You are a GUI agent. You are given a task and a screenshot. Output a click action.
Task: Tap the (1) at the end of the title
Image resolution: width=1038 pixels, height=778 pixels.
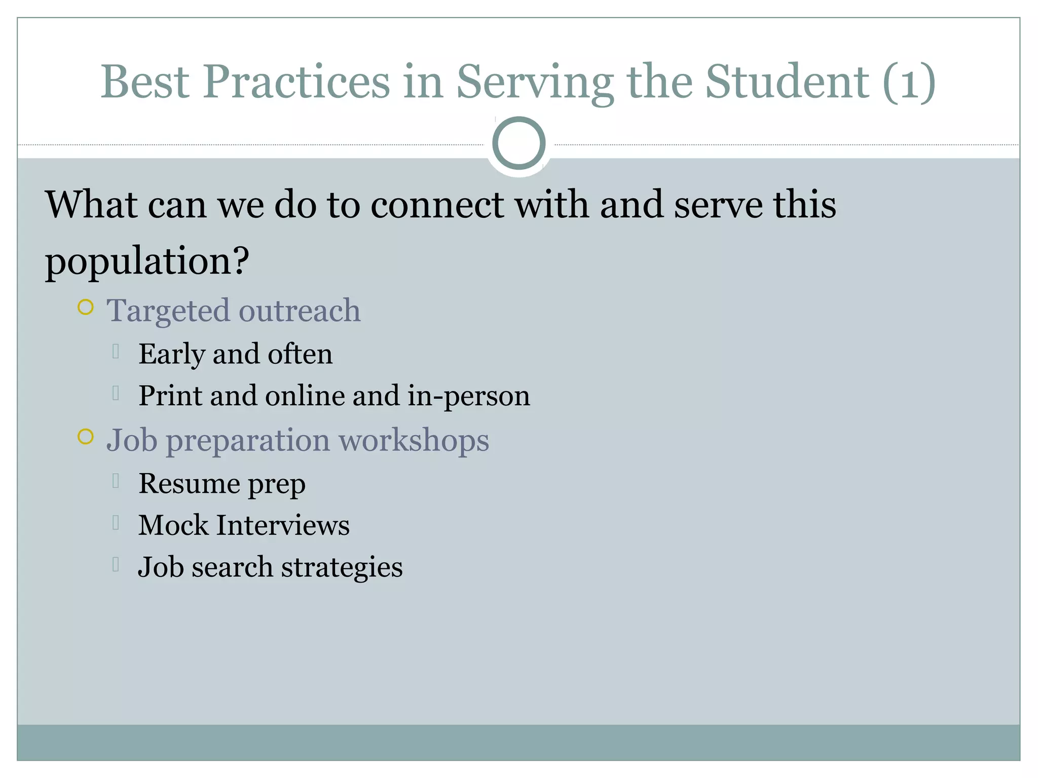[x=909, y=82]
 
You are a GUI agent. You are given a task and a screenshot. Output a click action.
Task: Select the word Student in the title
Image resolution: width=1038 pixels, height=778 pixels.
[x=788, y=82]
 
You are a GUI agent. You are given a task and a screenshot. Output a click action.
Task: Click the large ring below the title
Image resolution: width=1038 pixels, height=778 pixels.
[x=518, y=143]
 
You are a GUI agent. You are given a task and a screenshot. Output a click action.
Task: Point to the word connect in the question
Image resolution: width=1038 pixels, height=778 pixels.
[x=437, y=205]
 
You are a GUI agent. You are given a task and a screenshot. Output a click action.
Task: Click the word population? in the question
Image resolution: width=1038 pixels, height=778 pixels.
[x=147, y=261]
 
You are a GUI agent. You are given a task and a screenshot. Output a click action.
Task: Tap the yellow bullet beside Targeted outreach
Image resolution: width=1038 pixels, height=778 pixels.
[x=86, y=307]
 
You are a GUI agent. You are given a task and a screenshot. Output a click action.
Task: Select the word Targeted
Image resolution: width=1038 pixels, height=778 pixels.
[x=168, y=311]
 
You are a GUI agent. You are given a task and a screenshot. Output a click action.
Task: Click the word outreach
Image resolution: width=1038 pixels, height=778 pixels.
[x=300, y=310]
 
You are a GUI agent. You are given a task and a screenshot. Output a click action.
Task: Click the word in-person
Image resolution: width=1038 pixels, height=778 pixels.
[x=469, y=396]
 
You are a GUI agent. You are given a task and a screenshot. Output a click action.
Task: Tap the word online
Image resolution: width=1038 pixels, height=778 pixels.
[x=305, y=396]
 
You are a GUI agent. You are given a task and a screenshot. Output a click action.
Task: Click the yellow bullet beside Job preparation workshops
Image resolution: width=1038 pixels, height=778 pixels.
[x=86, y=437]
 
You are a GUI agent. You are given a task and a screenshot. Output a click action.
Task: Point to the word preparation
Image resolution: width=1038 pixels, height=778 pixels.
[x=248, y=441]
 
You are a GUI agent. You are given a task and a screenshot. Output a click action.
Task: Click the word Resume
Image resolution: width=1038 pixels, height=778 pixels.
[x=189, y=483]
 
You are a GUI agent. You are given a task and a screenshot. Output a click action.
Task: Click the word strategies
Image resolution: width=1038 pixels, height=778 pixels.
[x=342, y=567]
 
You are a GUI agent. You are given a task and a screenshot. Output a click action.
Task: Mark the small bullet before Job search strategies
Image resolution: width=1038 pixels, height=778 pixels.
[x=116, y=564]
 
